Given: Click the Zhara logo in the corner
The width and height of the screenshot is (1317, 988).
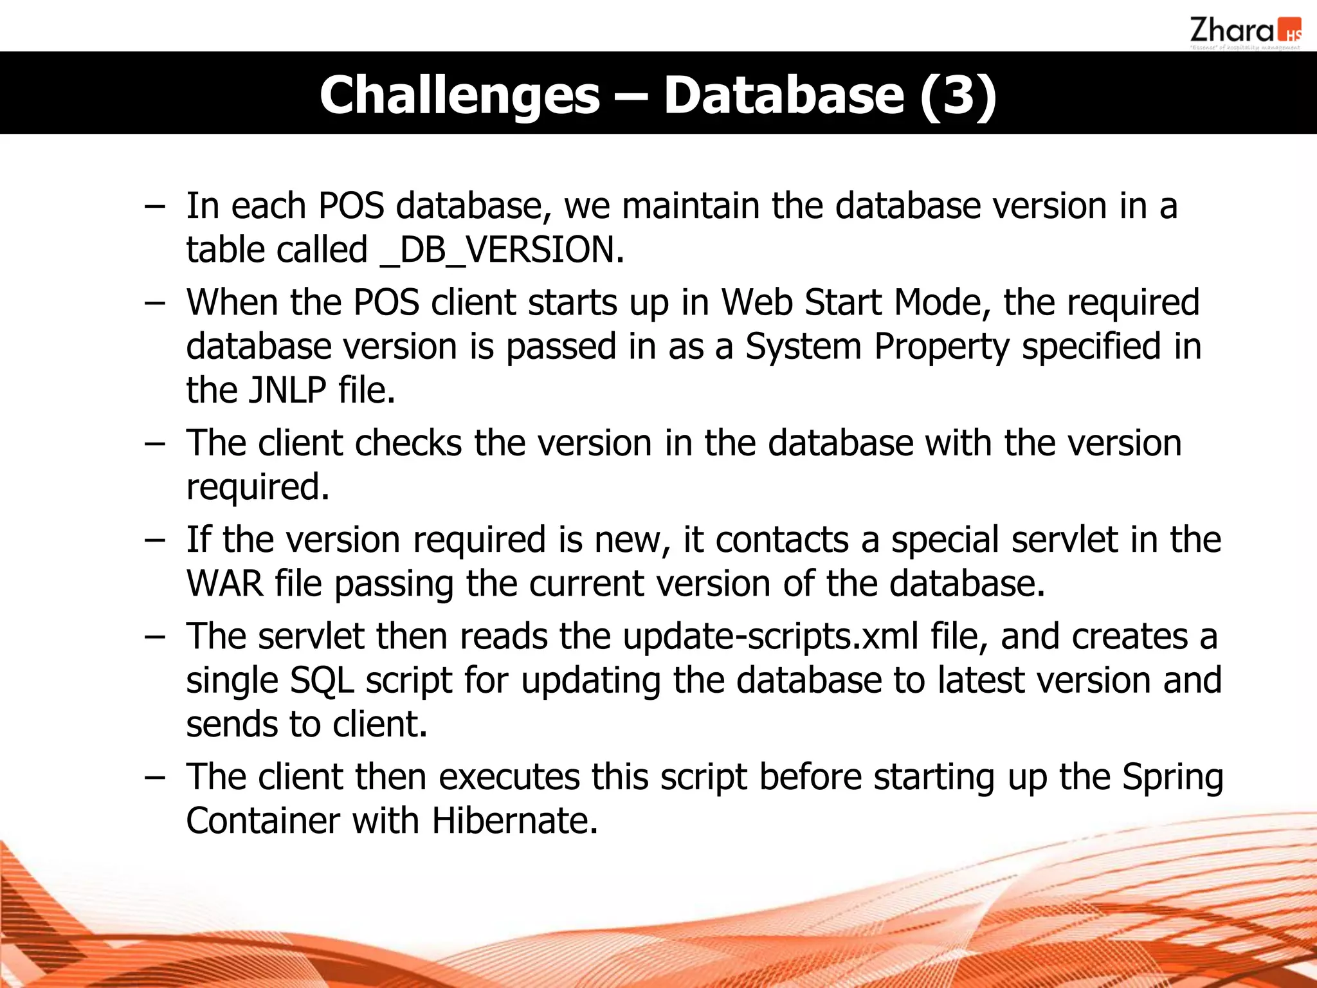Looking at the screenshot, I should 1244,32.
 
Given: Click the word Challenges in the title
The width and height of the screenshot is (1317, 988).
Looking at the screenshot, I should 459,95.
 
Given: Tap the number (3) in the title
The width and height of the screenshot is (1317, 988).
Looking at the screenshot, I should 958,95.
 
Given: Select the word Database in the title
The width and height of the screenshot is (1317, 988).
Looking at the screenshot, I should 783,95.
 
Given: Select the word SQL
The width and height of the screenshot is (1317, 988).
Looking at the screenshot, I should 322,681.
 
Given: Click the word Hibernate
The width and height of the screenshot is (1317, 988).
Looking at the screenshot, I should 514,821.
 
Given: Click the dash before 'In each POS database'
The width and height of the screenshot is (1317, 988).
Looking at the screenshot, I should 154,207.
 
